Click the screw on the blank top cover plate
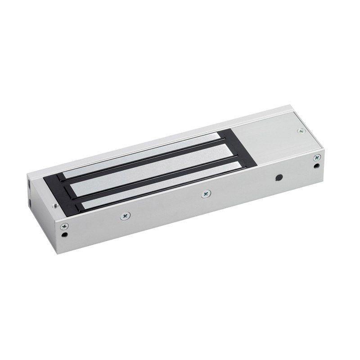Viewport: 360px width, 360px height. click(301, 131)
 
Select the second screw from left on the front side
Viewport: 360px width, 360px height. click(125, 216)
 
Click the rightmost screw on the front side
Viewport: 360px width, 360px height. click(317, 157)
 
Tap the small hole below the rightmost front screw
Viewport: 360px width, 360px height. click(318, 166)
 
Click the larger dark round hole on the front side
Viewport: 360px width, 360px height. click(280, 177)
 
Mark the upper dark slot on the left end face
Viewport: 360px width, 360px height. click(30, 184)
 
